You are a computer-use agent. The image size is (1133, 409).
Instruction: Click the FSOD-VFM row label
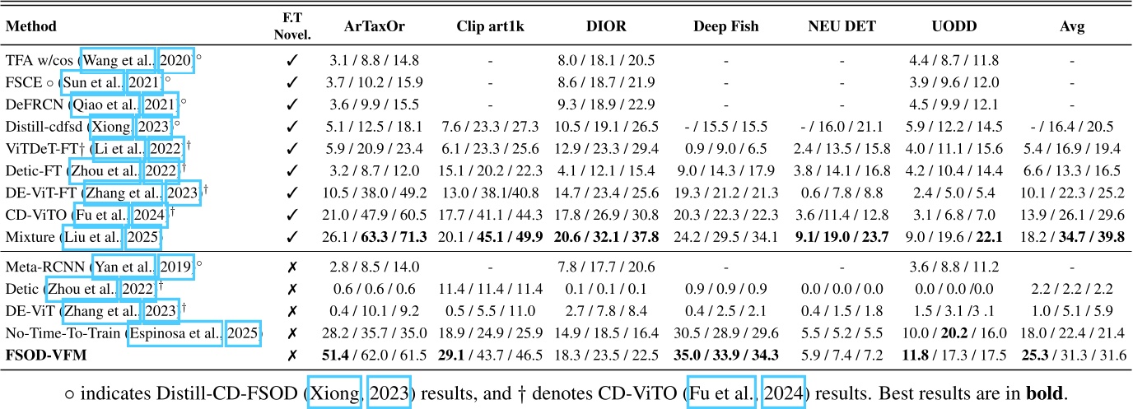coord(48,355)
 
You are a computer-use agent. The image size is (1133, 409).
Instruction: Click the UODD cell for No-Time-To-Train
coord(959,333)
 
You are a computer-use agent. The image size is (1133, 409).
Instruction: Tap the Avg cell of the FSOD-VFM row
coord(1072,355)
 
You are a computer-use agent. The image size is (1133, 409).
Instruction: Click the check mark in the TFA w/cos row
coord(291,60)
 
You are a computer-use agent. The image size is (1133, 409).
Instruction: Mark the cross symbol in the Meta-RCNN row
coord(291,267)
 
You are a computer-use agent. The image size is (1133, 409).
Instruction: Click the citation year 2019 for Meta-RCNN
coord(175,267)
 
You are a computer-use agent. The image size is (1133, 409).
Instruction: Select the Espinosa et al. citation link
coord(175,333)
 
